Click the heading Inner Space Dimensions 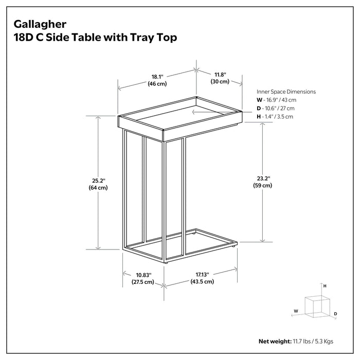(286, 92)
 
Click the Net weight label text (275, 341)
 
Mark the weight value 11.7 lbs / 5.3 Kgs (314, 341)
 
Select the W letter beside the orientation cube (296, 311)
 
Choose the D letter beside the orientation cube (335, 313)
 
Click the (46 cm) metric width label (157, 83)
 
